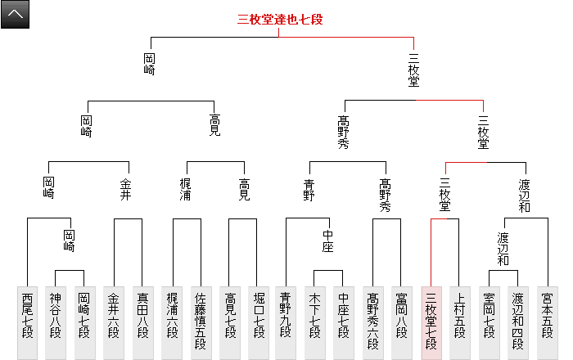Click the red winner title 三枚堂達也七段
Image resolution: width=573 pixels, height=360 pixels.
[280, 20]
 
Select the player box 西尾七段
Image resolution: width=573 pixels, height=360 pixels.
[29, 323]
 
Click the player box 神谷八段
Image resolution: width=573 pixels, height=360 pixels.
[55, 323]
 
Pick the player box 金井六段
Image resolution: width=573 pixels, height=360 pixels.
[114, 323]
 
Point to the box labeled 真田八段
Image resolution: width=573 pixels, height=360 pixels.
[143, 323]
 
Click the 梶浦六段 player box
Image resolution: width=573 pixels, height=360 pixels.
[172, 323]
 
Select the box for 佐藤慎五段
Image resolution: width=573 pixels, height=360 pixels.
[201, 323]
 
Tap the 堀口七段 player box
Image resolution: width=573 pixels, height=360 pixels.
[259, 323]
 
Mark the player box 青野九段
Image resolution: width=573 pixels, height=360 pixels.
[286, 323]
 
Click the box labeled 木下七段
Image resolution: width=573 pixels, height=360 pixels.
[315, 323]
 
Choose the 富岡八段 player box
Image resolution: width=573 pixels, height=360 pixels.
[402, 323]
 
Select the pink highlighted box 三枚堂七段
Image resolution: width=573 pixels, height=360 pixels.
[431, 323]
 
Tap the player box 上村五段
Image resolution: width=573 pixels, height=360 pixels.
[460, 323]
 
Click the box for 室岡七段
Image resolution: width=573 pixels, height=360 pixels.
[489, 323]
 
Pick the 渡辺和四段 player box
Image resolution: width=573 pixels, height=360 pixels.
[517, 323]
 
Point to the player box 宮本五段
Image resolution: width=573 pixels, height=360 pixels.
[546, 323]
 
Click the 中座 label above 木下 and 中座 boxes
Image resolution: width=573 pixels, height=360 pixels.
[327, 244]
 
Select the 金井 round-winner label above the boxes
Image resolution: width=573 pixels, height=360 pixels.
[125, 188]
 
